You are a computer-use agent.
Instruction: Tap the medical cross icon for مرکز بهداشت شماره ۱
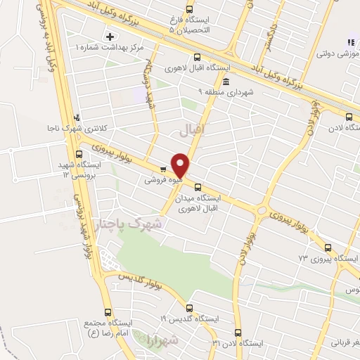tap(109, 35)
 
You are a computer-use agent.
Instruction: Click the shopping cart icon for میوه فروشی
tap(164, 169)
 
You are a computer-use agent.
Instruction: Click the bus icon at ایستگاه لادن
tap(351, 117)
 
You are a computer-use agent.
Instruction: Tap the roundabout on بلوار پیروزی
tap(262, 210)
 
